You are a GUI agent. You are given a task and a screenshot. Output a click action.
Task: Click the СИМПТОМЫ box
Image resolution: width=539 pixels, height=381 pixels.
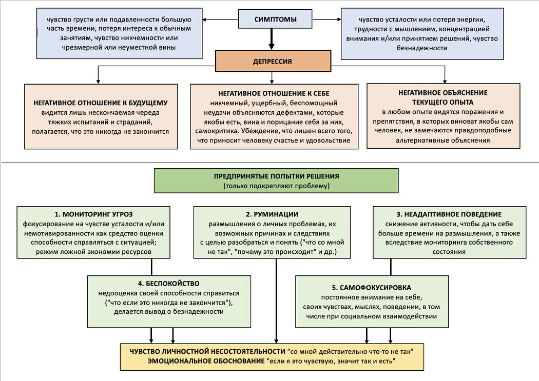(x=275, y=19)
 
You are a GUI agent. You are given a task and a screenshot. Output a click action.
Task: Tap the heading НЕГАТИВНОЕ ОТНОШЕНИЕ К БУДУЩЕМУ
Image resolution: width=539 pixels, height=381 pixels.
(x=101, y=103)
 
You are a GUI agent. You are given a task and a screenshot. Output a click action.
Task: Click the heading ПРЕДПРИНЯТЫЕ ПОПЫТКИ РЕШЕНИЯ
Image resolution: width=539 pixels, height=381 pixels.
(x=276, y=176)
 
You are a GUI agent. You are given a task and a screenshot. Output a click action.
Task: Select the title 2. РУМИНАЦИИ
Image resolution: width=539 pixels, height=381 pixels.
(x=272, y=214)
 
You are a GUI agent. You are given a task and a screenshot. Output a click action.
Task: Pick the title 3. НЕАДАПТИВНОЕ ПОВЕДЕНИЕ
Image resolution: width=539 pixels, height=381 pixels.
(x=449, y=214)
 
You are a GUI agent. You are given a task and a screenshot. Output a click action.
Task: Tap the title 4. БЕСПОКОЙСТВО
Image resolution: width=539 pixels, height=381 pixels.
(x=169, y=283)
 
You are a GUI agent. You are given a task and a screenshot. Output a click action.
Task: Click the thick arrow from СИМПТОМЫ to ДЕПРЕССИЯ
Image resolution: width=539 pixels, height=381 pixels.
(x=272, y=39)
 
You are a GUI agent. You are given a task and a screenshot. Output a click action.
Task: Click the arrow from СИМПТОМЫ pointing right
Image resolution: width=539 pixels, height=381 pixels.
(x=325, y=20)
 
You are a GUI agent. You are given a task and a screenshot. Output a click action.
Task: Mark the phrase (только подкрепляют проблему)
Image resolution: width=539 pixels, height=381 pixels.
(x=276, y=186)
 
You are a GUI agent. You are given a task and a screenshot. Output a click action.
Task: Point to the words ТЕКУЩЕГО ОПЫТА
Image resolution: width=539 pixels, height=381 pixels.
(x=442, y=102)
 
